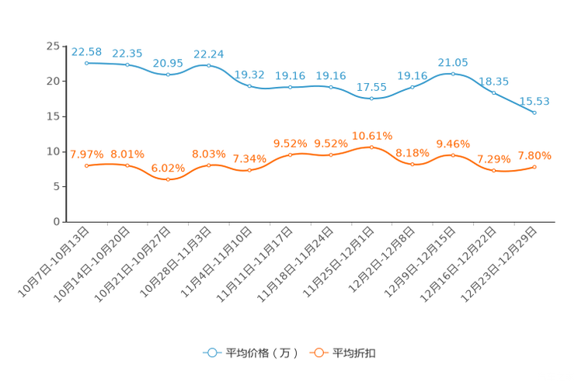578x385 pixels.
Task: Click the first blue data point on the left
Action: (86, 63)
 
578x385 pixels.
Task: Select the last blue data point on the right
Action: (534, 113)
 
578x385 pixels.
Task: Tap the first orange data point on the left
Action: (86, 166)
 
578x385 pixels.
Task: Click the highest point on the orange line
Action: (371, 147)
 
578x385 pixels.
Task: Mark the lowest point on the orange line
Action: (168, 179)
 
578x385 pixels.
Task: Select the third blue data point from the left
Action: (168, 75)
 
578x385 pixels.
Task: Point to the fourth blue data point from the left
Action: (208, 65)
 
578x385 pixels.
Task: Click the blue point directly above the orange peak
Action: (371, 99)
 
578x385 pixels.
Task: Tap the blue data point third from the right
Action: (453, 74)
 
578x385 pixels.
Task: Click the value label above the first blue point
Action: (86, 52)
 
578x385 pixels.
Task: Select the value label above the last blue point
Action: (534, 102)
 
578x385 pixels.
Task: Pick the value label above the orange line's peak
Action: (371, 136)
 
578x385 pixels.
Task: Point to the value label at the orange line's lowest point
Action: (168, 168)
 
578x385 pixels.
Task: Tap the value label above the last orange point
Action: (534, 156)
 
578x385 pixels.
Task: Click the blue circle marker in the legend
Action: (211, 352)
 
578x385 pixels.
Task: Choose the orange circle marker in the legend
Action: (318, 352)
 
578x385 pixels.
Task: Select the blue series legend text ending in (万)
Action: (261, 353)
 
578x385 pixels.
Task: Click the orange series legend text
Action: (355, 353)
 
